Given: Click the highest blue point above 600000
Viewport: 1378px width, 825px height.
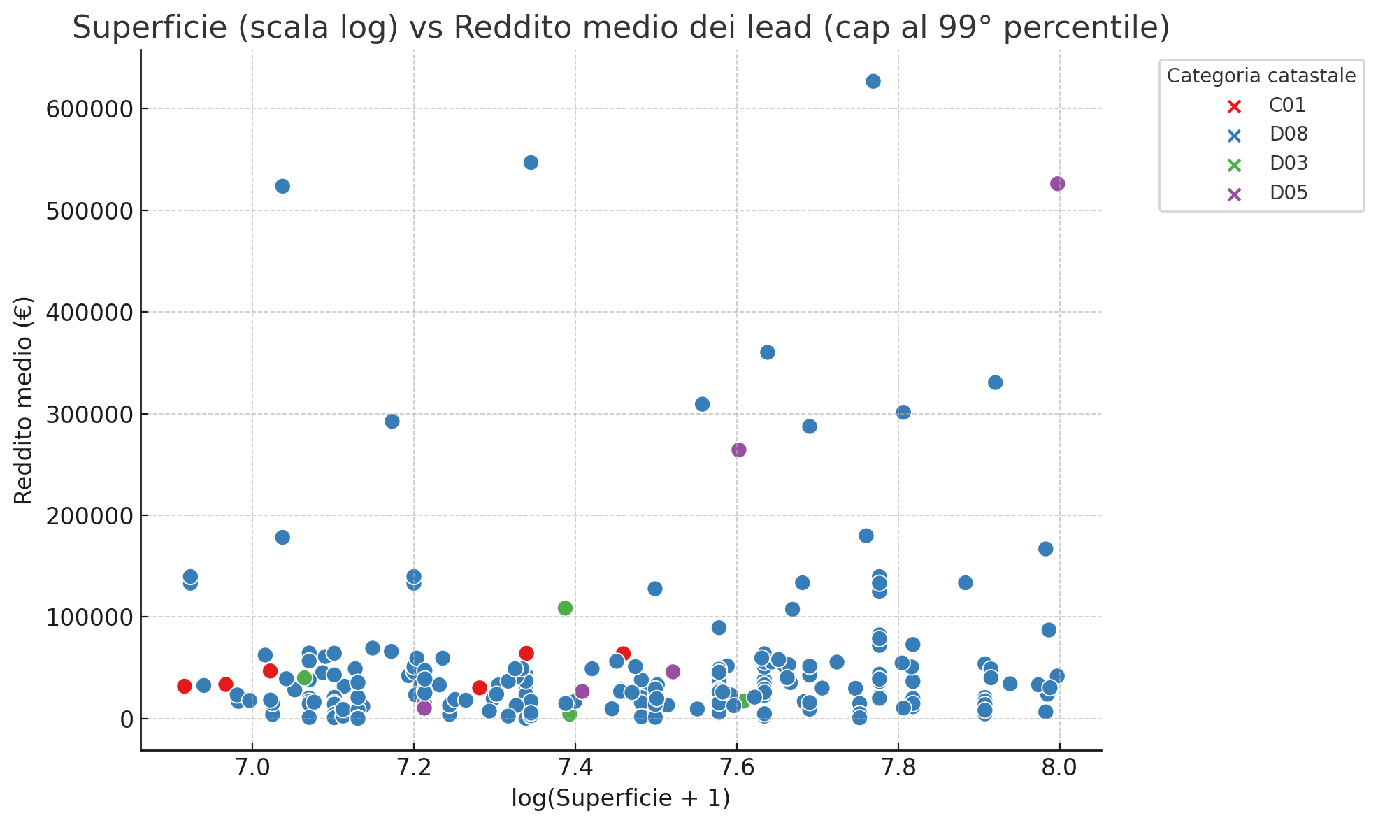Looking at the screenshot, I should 873,81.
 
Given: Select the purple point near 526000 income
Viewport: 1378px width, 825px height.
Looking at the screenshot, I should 1058,184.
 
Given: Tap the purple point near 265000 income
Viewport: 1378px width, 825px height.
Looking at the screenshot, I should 739,450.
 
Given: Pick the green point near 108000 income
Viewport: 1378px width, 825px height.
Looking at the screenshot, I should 565,608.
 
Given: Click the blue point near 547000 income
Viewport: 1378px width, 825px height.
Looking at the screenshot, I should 531,163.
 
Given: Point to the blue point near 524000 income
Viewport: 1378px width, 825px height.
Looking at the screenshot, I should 282,186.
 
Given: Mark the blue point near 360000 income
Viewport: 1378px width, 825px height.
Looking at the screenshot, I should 768,352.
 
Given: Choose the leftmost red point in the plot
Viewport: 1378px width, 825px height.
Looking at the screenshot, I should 185,686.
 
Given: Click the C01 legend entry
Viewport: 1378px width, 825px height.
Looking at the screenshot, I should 1287,106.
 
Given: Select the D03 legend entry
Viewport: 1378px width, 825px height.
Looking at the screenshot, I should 1289,164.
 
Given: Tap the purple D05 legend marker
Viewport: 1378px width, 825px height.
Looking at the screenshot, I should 1235,194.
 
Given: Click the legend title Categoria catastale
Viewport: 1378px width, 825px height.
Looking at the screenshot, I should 1261,76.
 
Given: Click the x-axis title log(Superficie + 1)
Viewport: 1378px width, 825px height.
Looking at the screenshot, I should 621,798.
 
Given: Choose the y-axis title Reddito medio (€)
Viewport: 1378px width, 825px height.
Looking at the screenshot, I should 24,400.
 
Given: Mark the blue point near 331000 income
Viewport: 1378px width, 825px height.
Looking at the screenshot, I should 996,382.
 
